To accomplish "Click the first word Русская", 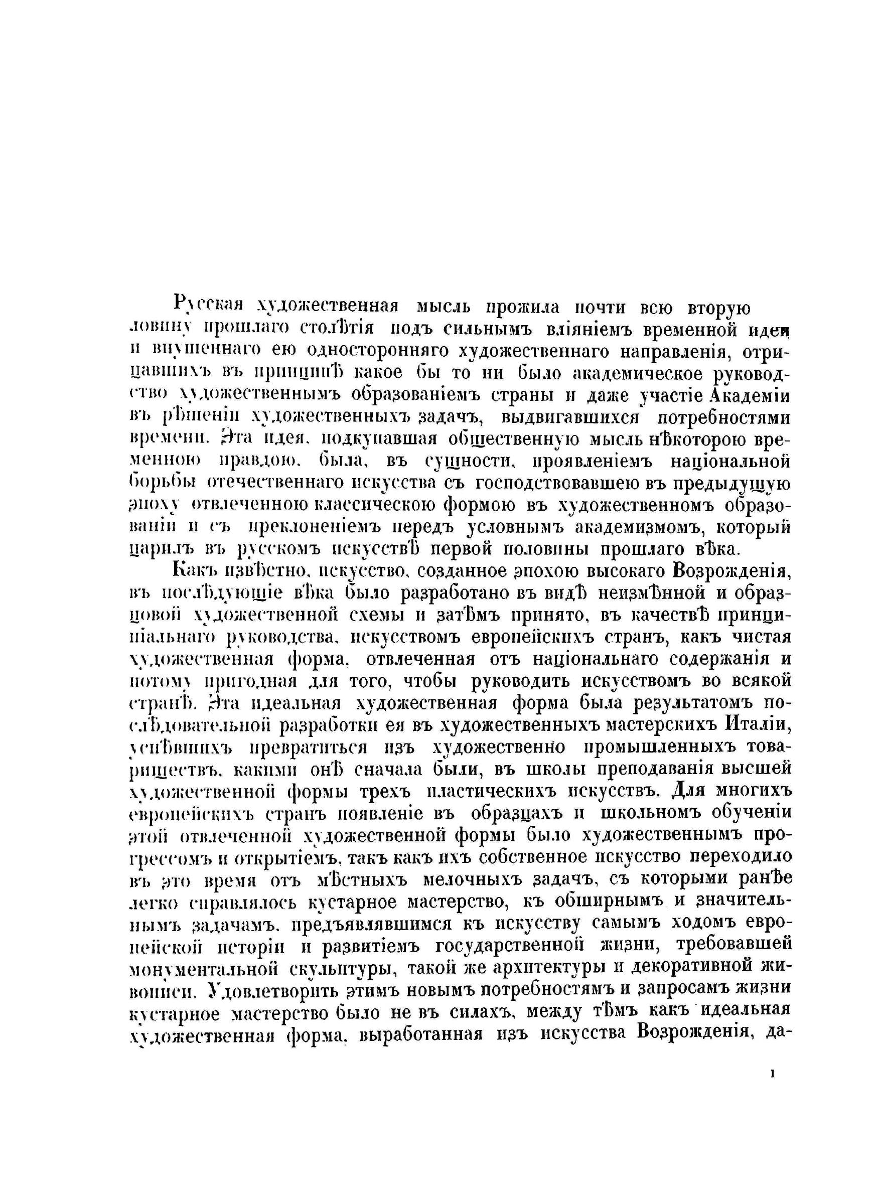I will click(x=208, y=306).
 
